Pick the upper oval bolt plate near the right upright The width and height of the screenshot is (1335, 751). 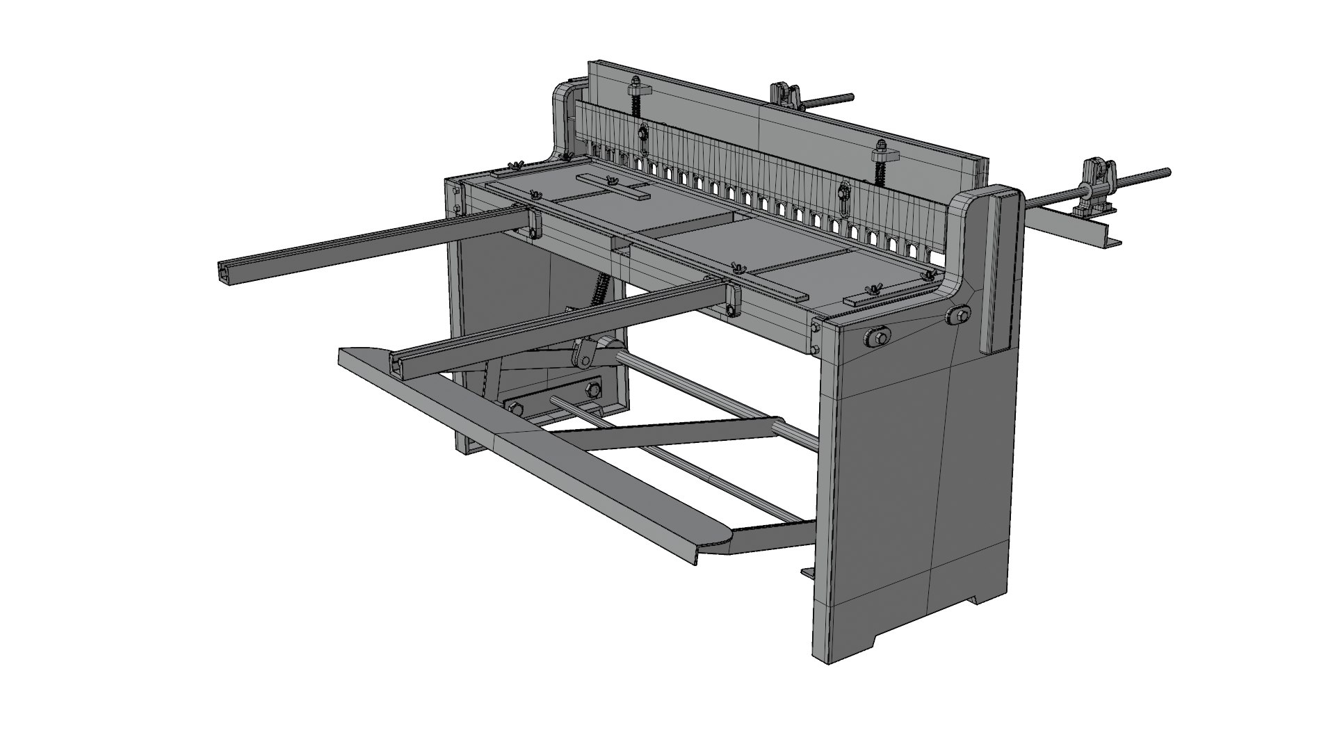tap(958, 317)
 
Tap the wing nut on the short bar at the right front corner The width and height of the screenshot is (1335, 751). tap(868, 290)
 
